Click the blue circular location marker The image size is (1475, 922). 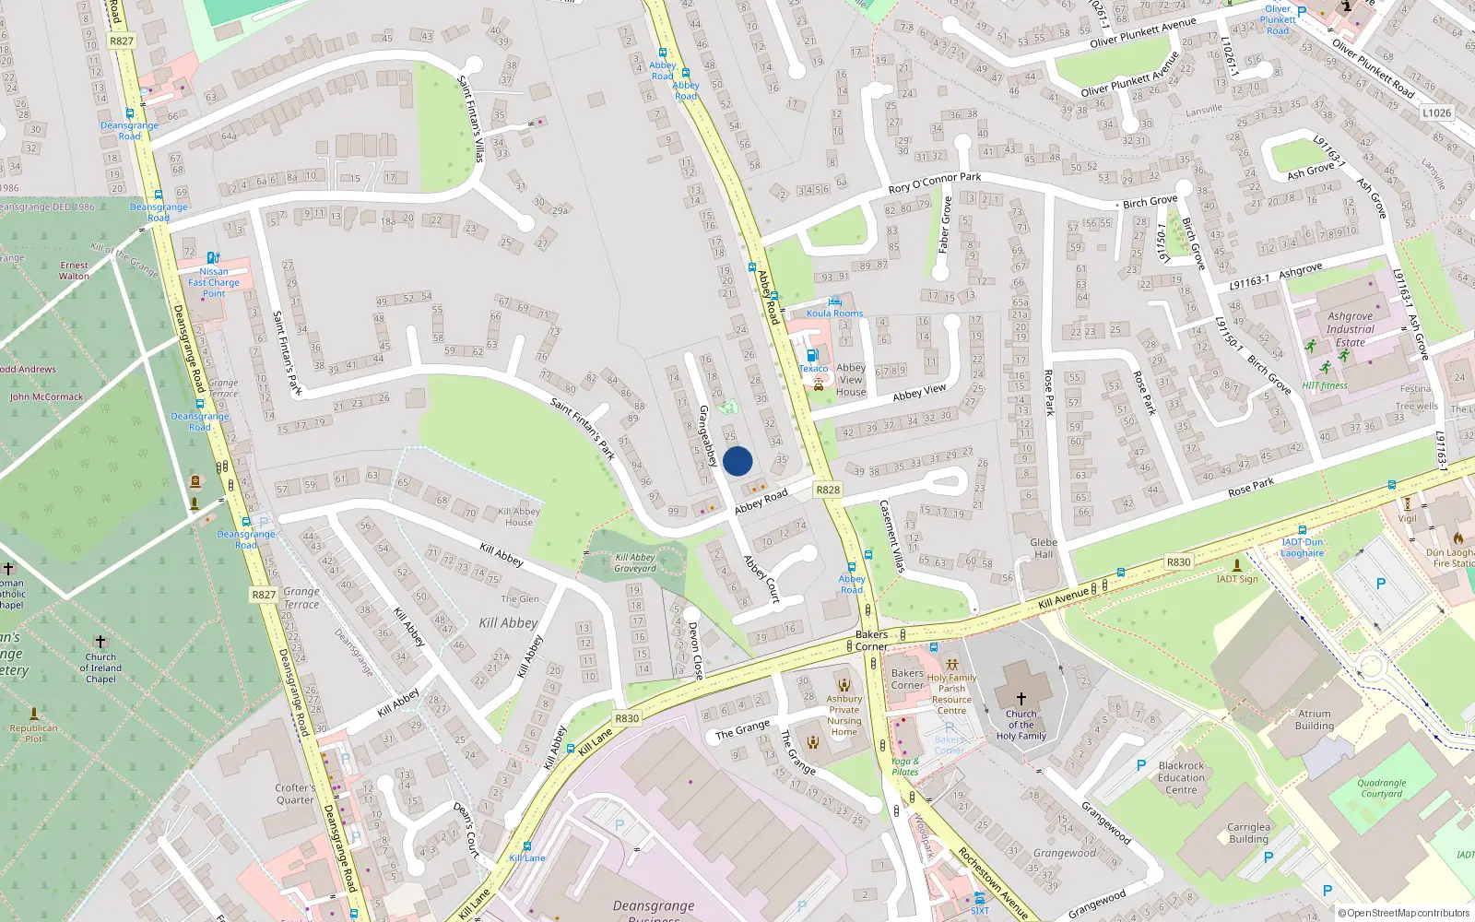point(737,461)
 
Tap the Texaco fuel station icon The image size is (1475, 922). point(812,355)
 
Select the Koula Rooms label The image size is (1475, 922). point(834,313)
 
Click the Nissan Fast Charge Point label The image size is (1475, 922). point(214,282)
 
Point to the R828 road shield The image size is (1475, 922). point(828,490)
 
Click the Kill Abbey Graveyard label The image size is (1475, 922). point(635,562)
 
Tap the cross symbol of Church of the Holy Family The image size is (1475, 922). point(1021,699)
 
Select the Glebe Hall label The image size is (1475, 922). point(1044,549)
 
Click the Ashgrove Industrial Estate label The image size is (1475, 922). point(1350,329)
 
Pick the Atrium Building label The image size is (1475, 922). point(1314,719)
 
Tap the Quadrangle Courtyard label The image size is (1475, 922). point(1381,788)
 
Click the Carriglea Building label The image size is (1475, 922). point(1248,833)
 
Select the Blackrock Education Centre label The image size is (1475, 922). point(1181,777)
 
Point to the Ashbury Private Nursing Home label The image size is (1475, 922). point(844,715)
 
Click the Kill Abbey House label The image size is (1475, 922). point(519,516)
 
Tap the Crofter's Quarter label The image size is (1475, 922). point(295,794)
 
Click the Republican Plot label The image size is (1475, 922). point(34,733)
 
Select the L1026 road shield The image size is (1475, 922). point(1436,112)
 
